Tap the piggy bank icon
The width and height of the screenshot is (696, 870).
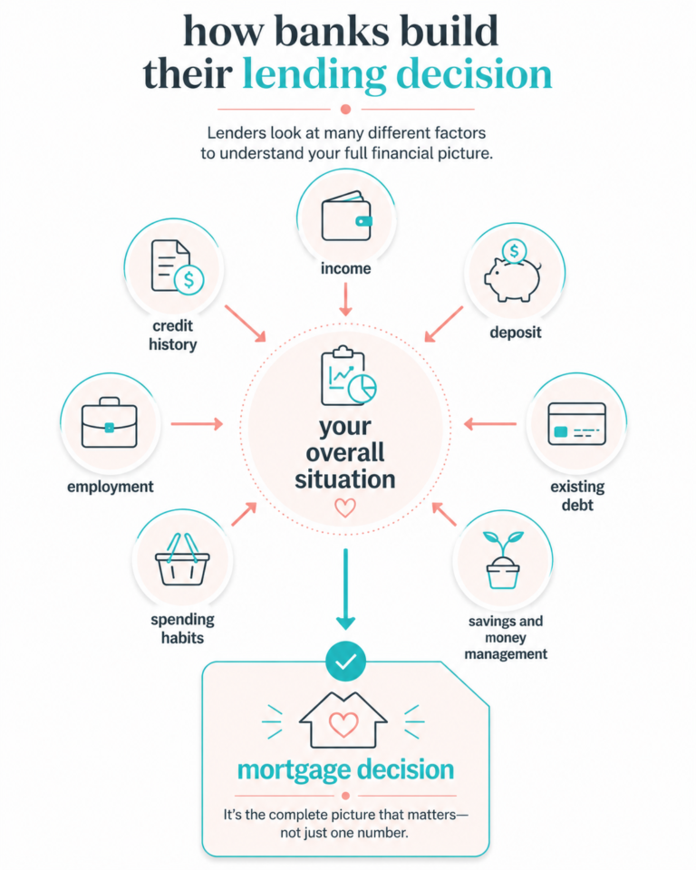(x=513, y=278)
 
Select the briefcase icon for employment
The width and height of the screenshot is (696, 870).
(x=110, y=422)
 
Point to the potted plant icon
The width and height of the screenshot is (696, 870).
(x=503, y=560)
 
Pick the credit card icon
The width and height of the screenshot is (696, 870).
(x=576, y=424)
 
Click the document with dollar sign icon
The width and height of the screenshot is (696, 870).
(x=177, y=267)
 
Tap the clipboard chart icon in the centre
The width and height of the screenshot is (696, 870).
(x=348, y=375)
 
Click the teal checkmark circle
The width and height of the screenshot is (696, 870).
(x=346, y=662)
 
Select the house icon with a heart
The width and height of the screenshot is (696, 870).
(x=343, y=720)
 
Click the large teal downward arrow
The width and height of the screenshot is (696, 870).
(x=346, y=589)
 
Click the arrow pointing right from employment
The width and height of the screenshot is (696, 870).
(x=197, y=424)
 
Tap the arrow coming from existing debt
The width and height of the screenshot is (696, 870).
(x=490, y=424)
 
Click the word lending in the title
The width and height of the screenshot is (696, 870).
(x=314, y=74)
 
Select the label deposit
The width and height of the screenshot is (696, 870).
(x=516, y=333)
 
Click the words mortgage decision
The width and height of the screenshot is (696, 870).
(x=346, y=770)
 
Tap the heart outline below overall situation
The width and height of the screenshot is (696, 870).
(x=345, y=507)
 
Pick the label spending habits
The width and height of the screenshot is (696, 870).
(x=182, y=629)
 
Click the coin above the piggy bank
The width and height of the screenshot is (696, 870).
(x=515, y=251)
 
